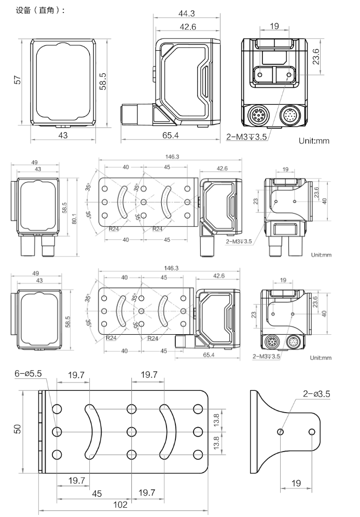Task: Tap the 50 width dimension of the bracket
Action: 18,430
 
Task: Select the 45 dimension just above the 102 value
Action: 97,493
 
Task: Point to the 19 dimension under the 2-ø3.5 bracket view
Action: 296,483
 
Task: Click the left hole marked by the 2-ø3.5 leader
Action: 280,431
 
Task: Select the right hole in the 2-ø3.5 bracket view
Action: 312,431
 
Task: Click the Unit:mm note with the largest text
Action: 314,141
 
